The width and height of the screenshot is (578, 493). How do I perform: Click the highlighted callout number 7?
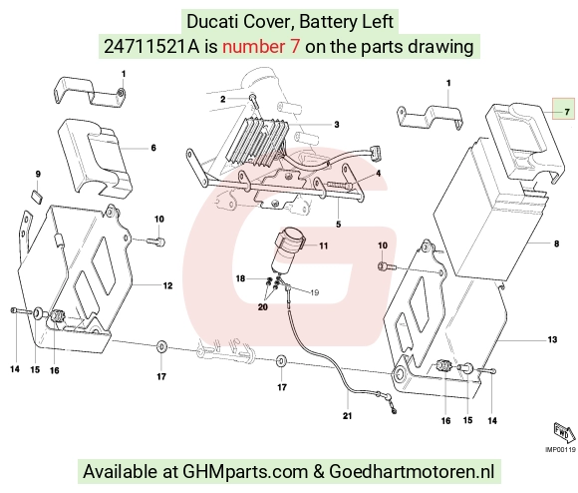(567, 112)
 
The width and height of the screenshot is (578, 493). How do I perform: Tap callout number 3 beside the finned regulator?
(337, 125)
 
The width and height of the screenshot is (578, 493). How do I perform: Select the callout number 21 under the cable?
(347, 416)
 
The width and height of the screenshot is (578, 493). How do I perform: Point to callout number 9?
(38, 174)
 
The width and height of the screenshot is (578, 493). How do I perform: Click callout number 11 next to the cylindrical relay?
(323, 246)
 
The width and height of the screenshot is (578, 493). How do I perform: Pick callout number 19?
(315, 292)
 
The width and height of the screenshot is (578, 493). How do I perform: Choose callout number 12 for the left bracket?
(167, 285)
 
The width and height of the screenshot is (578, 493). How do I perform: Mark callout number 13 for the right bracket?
(552, 339)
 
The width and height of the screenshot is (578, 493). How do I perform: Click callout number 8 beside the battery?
(557, 244)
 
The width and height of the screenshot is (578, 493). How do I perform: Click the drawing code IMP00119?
(560, 450)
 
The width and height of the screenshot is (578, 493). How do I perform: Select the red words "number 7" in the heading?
(261, 47)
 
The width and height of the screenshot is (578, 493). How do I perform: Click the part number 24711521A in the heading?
(151, 47)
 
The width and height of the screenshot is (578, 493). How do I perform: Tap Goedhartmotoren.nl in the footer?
(412, 472)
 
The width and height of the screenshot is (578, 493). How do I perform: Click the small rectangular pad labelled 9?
(37, 196)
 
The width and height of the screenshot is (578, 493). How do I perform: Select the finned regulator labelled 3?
(256, 141)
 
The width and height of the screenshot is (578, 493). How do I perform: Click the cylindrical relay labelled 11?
(288, 249)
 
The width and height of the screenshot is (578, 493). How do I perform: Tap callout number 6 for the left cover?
(153, 148)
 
